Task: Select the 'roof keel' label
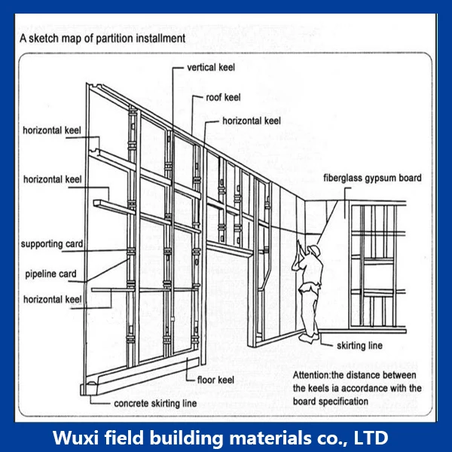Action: [224, 97]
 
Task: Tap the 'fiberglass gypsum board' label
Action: [372, 179]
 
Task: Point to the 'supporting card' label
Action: [52, 244]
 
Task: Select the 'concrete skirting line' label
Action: [155, 404]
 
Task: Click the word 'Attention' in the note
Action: [313, 374]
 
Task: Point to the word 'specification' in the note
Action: [342, 402]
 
